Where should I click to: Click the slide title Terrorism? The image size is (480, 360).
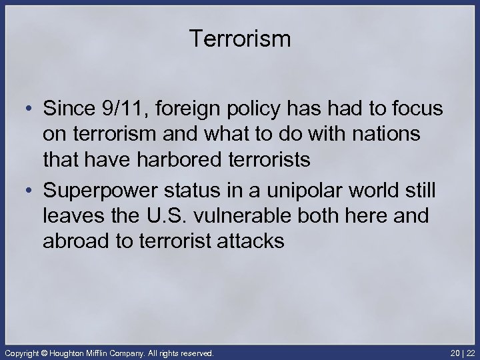coord(240,39)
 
